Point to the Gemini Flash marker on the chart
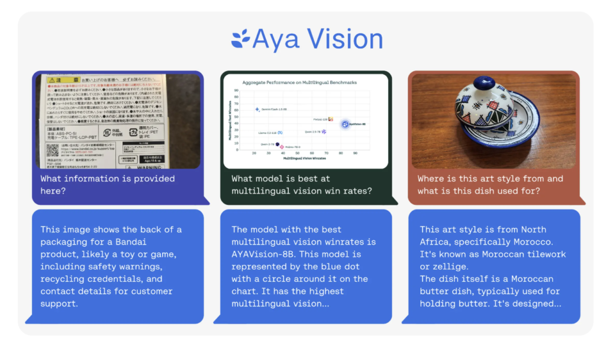[x=257, y=109]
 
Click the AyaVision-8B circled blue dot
[x=345, y=124]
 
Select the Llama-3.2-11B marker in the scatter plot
[x=281, y=133]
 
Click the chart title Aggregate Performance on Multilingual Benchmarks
[x=299, y=82]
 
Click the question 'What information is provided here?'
[x=108, y=184]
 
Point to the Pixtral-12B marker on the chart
[x=331, y=120]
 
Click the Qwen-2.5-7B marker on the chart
[x=324, y=131]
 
